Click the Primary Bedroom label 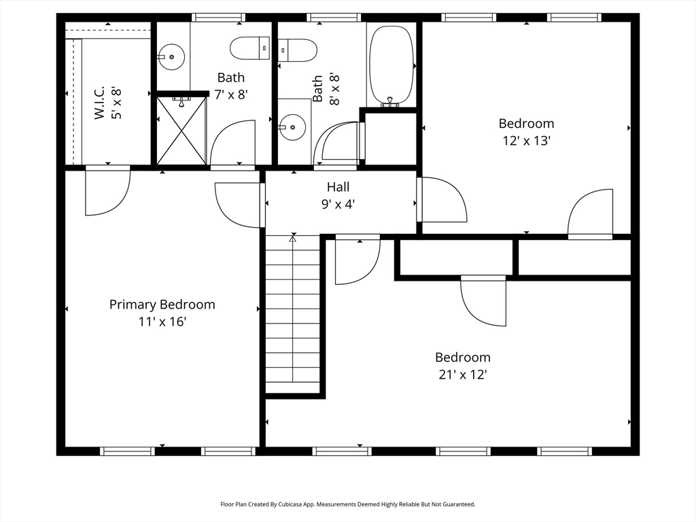162,304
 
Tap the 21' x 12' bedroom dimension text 463,375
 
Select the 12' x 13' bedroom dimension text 527,141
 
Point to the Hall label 338,187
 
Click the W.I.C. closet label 99,103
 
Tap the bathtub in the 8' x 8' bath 391,65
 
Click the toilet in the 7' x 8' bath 250,48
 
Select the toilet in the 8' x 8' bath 298,50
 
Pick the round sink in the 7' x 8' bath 171,57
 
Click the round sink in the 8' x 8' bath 292,127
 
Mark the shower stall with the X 181,130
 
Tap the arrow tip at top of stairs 292,237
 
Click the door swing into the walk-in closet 107,191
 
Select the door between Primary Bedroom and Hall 240,205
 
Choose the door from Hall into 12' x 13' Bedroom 442,200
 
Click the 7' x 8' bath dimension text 231,94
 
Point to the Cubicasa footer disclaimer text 348,504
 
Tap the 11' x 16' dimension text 162,321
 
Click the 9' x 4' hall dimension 338,204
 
